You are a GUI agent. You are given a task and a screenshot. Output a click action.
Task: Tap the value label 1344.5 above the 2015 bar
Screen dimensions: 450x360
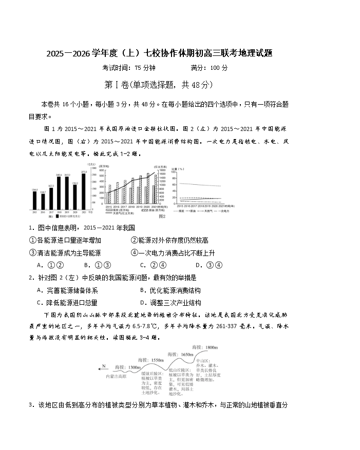[34, 190]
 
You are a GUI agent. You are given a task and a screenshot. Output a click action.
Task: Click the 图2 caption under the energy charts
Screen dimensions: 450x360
[162, 216]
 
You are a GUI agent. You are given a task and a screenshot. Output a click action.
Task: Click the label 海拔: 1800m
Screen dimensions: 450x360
[205, 347]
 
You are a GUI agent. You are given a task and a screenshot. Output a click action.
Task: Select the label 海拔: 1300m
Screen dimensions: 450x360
[128, 367]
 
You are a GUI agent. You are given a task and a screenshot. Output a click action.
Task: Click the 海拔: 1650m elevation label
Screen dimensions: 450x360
[180, 354]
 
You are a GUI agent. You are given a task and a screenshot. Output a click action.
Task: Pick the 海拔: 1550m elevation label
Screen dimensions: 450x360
[150, 360]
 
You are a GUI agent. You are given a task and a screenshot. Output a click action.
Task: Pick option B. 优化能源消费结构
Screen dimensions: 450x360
[170, 290]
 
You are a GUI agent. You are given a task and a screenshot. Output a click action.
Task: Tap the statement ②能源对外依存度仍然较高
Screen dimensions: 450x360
[169, 240]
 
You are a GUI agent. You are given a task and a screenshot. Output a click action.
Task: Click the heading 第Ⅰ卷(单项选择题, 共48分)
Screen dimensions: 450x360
[158, 85]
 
